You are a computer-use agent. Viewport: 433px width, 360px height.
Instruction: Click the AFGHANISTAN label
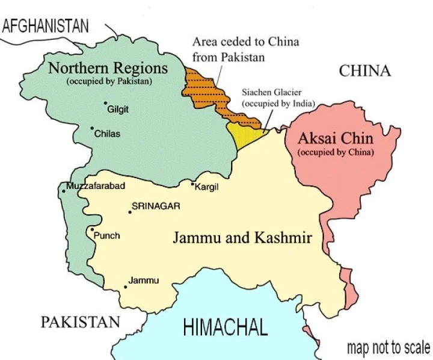click(45, 26)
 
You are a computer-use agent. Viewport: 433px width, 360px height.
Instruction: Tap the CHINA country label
click(364, 71)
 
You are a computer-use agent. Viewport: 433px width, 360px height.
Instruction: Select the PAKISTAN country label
click(80, 322)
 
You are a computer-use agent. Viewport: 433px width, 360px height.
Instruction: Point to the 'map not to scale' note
click(388, 347)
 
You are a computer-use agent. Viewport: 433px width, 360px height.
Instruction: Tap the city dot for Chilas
click(92, 128)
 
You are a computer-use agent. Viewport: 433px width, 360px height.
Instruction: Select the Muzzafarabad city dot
click(63, 191)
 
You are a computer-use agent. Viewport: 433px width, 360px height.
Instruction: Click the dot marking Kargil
click(192, 184)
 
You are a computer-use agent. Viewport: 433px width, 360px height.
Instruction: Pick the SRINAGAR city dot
click(129, 212)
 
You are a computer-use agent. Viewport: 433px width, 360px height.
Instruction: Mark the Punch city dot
click(91, 229)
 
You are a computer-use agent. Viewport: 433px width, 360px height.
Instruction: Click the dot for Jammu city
click(125, 287)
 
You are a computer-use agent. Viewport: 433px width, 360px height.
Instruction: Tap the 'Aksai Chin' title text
click(336, 138)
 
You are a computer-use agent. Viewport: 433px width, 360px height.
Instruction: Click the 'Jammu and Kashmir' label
click(242, 238)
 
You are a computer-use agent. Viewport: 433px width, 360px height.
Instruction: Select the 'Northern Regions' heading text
click(108, 67)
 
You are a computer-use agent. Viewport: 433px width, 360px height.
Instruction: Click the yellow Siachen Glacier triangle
click(243, 134)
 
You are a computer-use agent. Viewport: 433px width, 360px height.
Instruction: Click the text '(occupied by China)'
click(336, 152)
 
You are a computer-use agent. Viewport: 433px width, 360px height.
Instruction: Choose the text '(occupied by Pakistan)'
click(109, 81)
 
